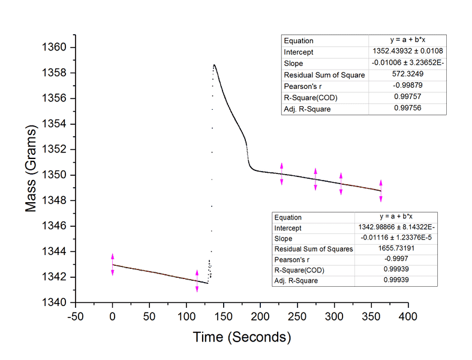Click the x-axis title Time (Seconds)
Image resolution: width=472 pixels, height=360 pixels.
[242, 337]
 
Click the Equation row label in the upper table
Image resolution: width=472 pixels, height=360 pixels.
[299, 41]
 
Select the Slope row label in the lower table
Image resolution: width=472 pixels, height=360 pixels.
[284, 239]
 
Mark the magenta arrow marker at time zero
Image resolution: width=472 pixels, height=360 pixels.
[112, 265]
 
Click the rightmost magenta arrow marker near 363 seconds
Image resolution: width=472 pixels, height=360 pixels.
[381, 190]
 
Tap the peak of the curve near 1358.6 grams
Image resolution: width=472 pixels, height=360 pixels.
[214, 65]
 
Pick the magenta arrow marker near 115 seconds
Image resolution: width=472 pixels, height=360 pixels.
[197, 281]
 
